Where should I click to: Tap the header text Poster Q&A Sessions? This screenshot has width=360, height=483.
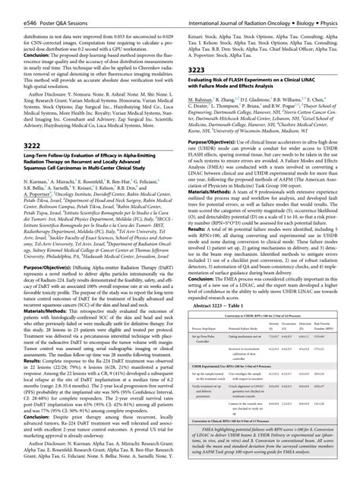[52, 7]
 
